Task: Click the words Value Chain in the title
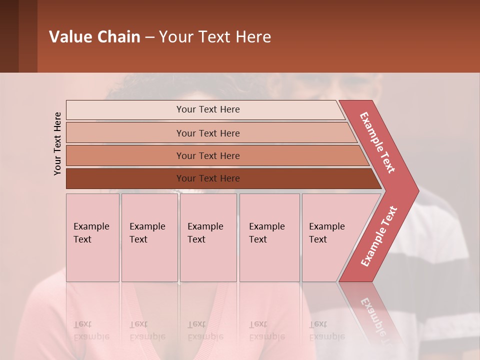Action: (x=94, y=37)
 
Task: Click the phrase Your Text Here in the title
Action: (x=215, y=37)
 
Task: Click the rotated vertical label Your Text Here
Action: (x=57, y=143)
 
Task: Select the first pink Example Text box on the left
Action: (x=92, y=237)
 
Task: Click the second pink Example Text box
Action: (x=149, y=237)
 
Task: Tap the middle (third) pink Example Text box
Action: (x=208, y=237)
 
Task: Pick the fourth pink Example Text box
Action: (x=269, y=237)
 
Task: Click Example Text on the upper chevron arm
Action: (x=378, y=142)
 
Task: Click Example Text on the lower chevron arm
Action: (x=379, y=236)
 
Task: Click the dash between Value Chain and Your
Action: (x=149, y=37)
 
